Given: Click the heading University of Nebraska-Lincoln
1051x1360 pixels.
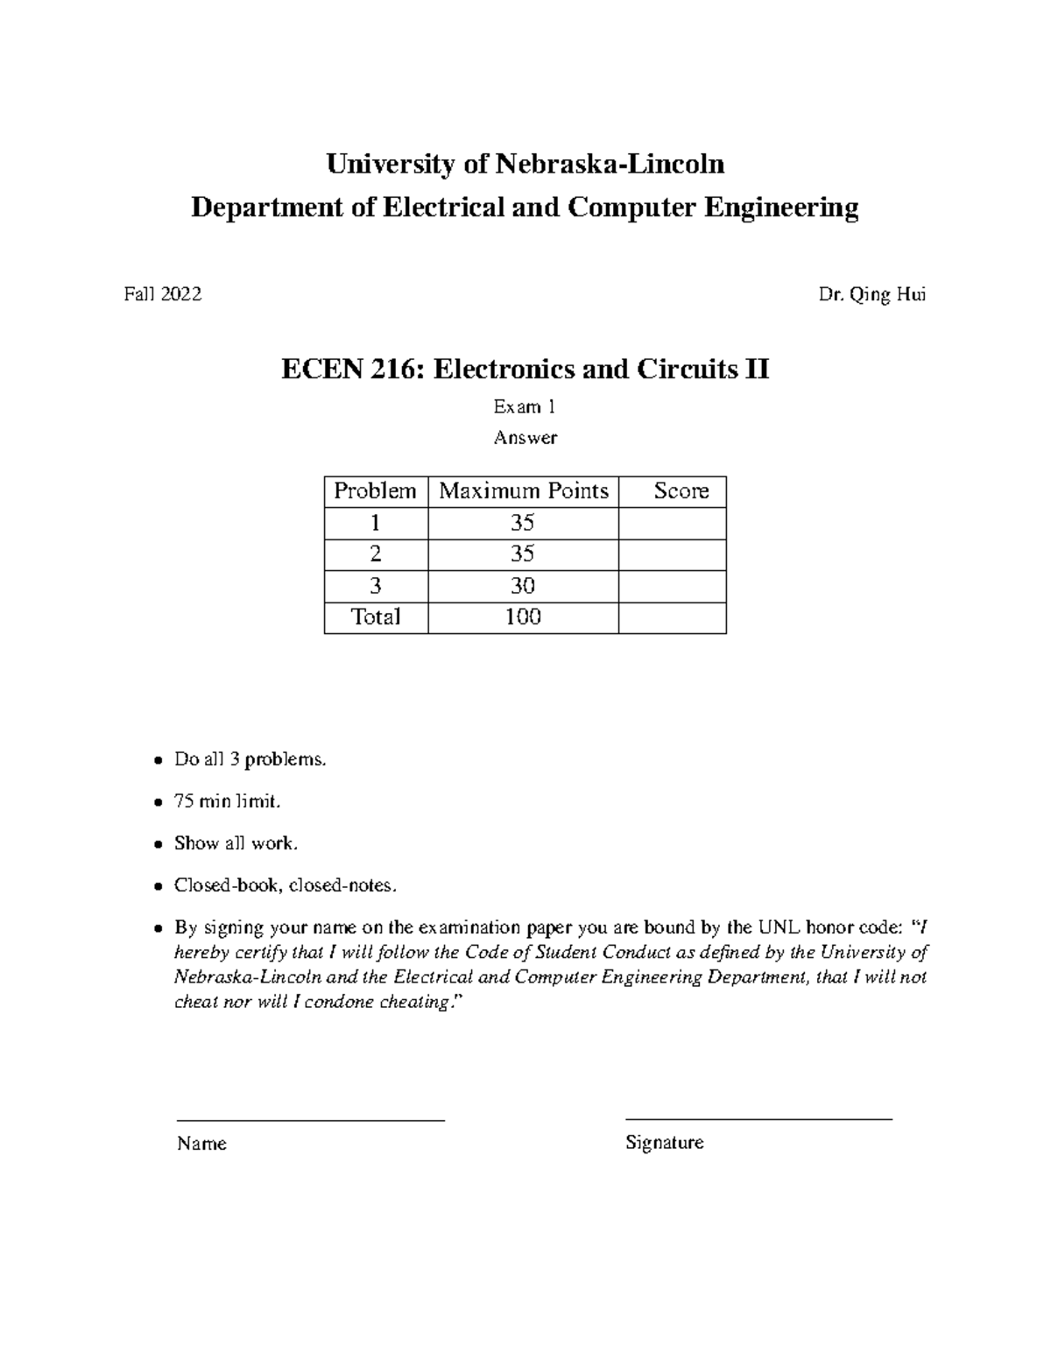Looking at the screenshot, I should (525, 164).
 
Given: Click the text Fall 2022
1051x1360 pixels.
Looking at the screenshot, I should (163, 294).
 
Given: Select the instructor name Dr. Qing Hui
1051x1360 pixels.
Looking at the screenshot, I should (871, 295).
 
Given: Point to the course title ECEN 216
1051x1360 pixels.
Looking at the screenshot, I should (525, 370).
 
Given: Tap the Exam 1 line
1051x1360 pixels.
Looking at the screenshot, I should (525, 407).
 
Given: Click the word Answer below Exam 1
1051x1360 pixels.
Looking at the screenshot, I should (525, 438).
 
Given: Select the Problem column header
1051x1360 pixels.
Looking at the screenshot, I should (376, 491).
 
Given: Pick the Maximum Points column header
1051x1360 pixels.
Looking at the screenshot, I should (523, 491).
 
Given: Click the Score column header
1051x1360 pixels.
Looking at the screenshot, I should (681, 491).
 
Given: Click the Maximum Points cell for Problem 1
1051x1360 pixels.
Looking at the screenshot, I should (523, 523).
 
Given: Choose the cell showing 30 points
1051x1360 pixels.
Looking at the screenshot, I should (523, 586).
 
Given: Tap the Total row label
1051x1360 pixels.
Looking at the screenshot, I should (376, 617).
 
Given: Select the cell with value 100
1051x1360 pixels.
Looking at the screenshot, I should (523, 617).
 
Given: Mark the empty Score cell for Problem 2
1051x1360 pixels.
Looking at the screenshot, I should (672, 554).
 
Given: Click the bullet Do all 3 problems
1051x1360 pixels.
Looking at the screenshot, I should (250, 759).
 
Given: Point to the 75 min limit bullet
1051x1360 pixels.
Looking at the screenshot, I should (228, 801).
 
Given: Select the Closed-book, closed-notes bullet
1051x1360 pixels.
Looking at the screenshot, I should (286, 885).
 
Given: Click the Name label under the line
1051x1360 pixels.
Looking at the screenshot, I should (201, 1144).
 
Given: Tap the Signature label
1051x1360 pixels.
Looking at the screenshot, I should (664, 1143).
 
